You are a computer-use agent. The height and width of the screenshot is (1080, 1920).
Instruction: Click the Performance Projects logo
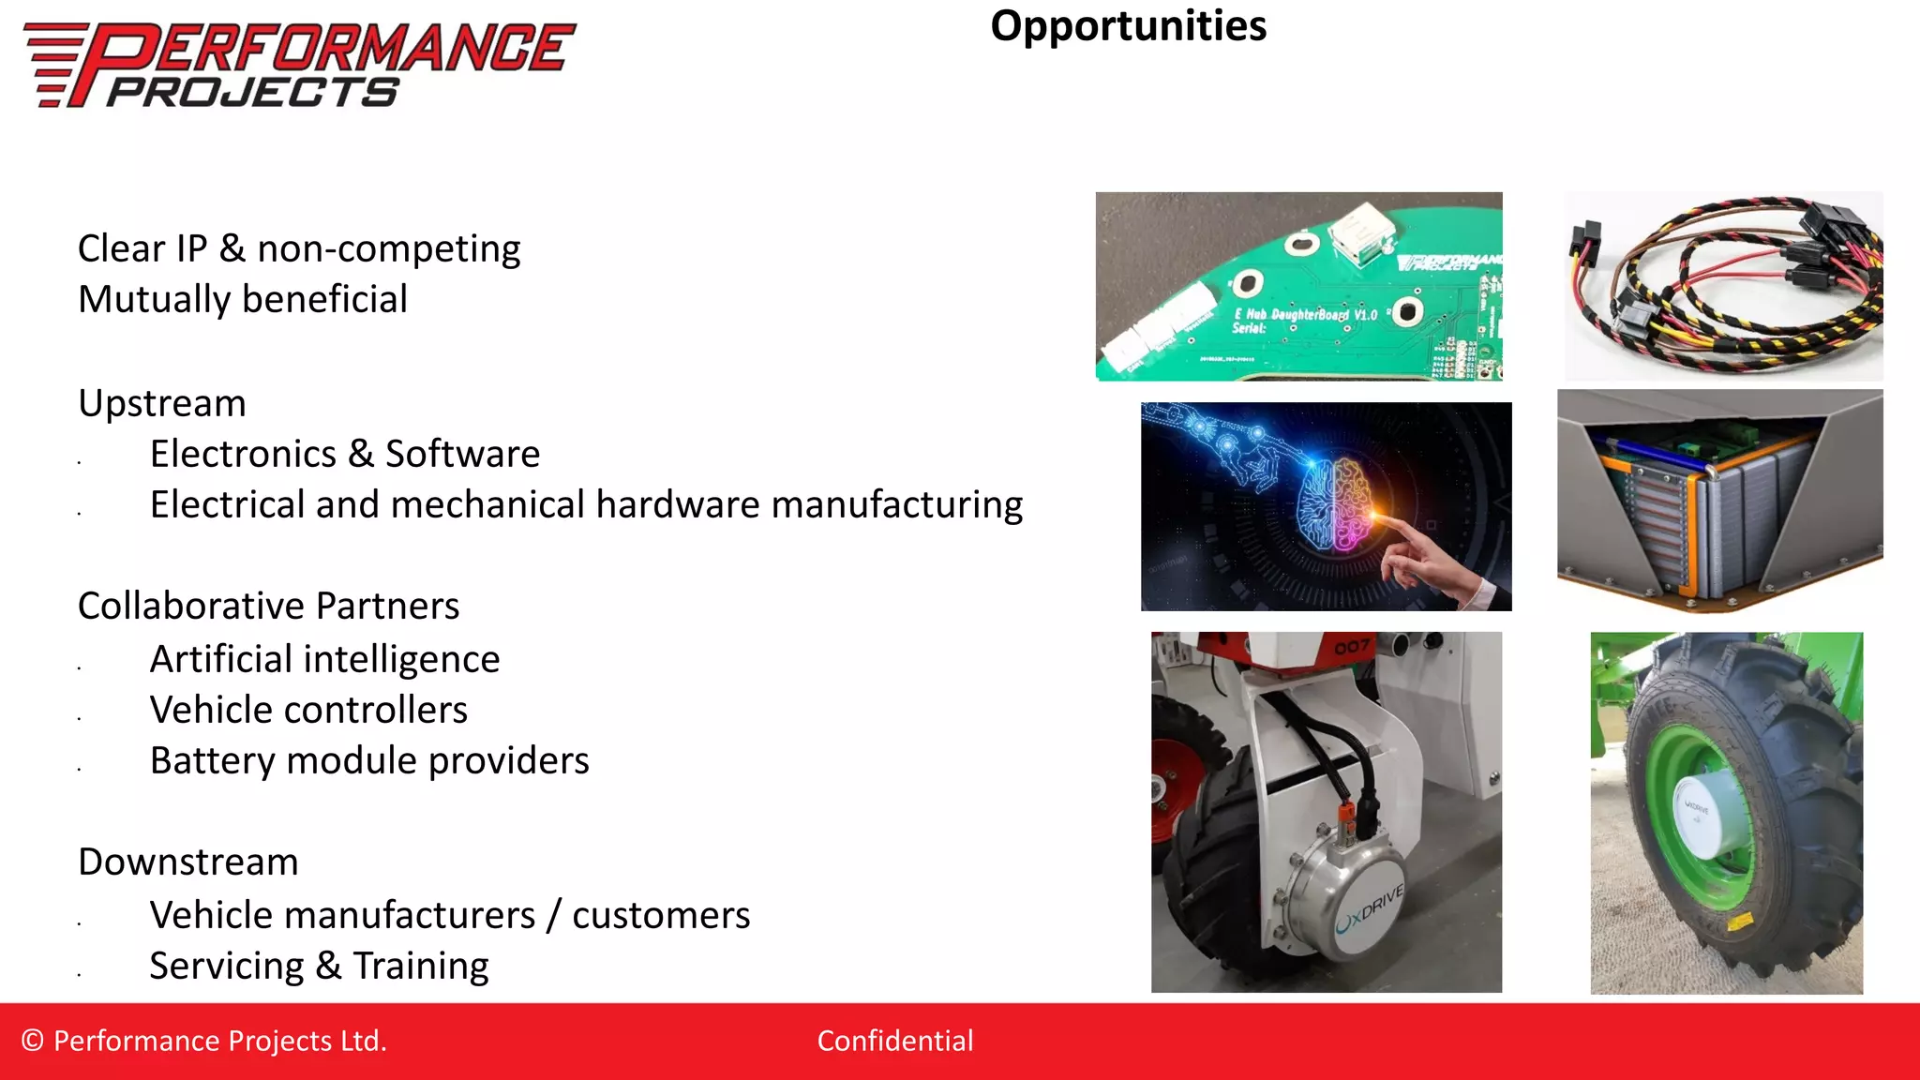coord(298,64)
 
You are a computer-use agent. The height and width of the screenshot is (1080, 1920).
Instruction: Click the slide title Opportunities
coord(1128,26)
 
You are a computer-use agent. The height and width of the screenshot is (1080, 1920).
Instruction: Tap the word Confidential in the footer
coord(894,1041)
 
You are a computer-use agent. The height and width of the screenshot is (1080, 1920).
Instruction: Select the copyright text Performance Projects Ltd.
coord(204,1041)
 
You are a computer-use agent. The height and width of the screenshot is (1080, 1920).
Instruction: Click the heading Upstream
coord(162,403)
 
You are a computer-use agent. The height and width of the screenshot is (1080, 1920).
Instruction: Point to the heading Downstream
coord(188,862)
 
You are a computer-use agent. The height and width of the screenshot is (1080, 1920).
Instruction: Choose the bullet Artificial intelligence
coord(324,659)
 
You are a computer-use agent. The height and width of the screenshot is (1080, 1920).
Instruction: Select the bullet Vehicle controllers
coord(308,710)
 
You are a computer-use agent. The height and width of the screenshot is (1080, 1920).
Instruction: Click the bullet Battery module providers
coord(369,760)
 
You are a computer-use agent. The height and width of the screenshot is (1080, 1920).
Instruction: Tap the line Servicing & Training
coord(319,966)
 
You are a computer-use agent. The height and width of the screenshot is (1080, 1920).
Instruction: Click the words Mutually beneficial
coord(243,299)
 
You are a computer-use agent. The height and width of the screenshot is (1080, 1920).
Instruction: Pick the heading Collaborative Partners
coord(269,606)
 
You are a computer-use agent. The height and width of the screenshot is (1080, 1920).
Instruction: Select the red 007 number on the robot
coord(1352,647)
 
